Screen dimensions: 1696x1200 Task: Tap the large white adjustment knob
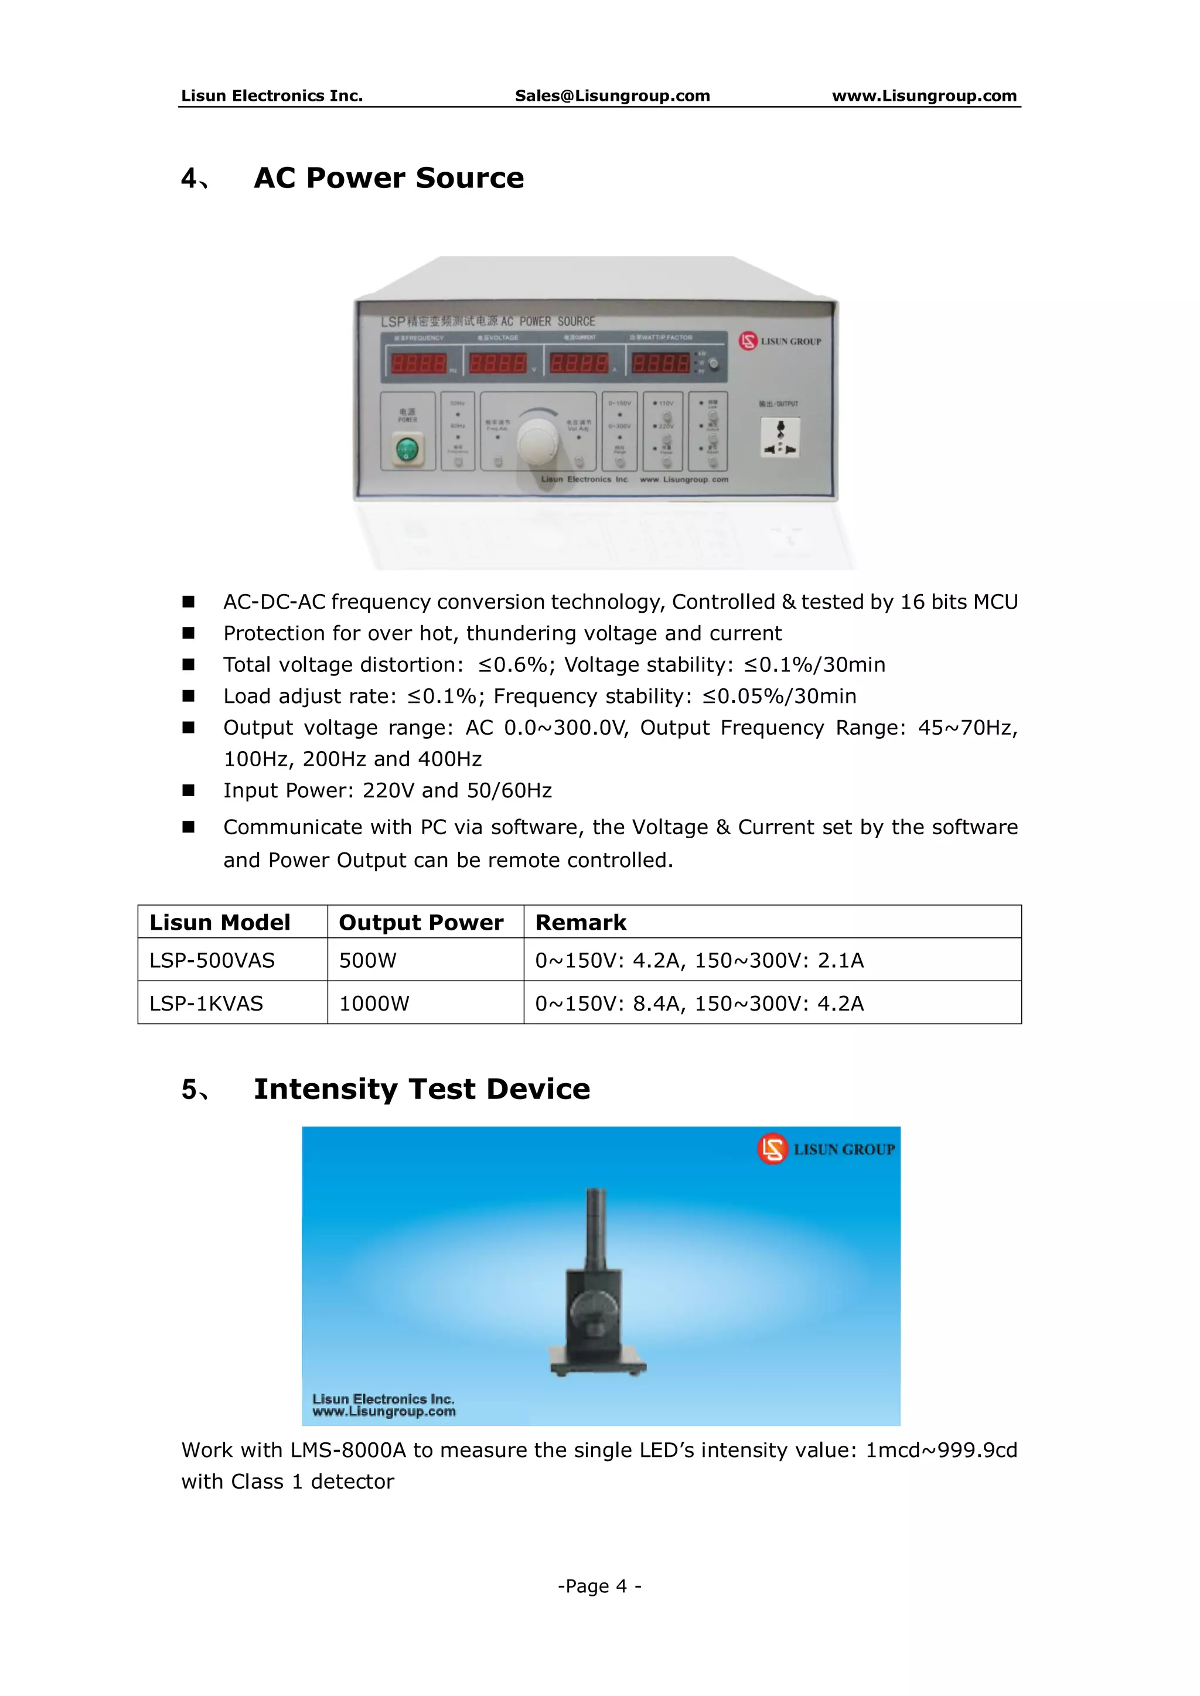pos(538,441)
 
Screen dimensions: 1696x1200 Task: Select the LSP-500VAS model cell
pos(212,960)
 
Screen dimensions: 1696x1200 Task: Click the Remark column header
pos(581,923)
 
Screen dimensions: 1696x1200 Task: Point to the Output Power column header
pos(421,923)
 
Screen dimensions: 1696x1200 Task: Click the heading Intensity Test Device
pos(422,1090)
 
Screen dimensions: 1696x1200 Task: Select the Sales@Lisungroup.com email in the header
pos(612,95)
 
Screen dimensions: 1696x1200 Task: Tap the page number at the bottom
pos(599,1586)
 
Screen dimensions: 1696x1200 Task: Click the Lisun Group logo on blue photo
pos(826,1149)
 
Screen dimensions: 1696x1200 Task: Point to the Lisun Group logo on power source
pos(780,342)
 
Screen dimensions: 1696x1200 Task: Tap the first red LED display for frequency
pos(419,363)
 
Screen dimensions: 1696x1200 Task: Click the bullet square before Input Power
pos(189,790)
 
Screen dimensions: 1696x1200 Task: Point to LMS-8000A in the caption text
pos(348,1450)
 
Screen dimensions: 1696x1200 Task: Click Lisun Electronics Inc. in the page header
pos(272,95)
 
